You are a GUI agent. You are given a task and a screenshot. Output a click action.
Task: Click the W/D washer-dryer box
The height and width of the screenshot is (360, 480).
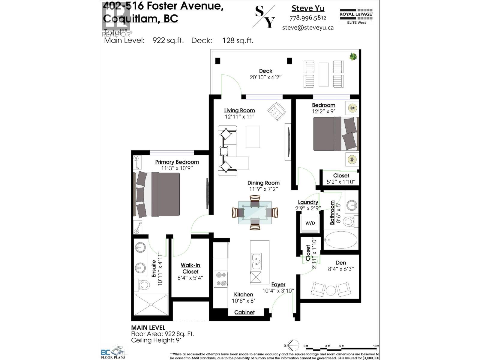[310, 223]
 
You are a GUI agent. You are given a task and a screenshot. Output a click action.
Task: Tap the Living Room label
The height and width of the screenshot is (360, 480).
[239, 110]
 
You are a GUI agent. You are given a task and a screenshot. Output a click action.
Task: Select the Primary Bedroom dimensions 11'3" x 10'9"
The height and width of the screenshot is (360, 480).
[177, 168]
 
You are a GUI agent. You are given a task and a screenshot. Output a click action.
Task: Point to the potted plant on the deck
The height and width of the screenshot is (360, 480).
[353, 56]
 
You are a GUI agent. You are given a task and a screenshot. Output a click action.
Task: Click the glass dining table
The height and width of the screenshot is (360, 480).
[255, 213]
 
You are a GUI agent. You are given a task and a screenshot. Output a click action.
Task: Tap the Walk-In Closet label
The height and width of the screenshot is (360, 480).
[190, 268]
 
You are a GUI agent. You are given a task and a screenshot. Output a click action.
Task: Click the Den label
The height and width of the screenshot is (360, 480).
[341, 263]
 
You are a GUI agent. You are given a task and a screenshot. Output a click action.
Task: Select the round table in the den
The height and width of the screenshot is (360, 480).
[331, 290]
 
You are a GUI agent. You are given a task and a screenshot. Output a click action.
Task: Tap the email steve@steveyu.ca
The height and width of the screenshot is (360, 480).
[308, 28]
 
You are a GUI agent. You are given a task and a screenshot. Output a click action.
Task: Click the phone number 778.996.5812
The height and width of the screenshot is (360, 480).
[308, 18]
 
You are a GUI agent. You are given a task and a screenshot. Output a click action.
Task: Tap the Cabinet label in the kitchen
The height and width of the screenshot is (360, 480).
[244, 312]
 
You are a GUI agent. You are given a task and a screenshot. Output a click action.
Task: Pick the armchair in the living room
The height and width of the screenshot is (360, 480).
[277, 112]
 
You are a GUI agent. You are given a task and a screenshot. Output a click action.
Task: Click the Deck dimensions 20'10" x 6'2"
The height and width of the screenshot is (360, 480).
[265, 77]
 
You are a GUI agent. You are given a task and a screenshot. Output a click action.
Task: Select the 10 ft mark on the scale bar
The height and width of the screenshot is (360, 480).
[376, 346]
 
